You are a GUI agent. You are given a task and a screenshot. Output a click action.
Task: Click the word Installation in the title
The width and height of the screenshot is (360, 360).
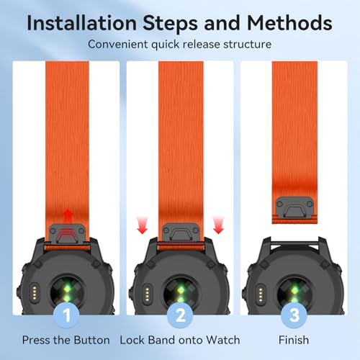pyautogui.click(x=82, y=23)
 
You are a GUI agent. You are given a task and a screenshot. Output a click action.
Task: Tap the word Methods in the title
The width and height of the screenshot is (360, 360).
pyautogui.click(x=289, y=23)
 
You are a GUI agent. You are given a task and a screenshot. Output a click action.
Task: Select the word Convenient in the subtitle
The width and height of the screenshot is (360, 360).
pyautogui.click(x=118, y=45)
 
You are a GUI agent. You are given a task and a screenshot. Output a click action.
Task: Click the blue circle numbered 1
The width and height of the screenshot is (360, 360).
pyautogui.click(x=67, y=315)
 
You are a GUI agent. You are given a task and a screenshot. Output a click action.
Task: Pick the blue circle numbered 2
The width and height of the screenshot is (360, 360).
pyautogui.click(x=180, y=315)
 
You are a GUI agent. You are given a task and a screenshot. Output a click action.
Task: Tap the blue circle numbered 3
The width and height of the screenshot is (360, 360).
pyautogui.click(x=294, y=315)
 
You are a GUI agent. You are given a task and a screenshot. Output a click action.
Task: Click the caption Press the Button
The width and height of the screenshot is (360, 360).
pyautogui.click(x=66, y=340)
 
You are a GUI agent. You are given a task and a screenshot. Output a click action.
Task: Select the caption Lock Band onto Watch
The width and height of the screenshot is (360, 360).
pyautogui.click(x=180, y=340)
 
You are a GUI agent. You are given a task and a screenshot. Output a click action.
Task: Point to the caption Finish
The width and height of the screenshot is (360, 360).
pyautogui.click(x=294, y=340)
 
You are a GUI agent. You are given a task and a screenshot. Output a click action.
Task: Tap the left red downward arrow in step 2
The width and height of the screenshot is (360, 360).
pyautogui.click(x=143, y=225)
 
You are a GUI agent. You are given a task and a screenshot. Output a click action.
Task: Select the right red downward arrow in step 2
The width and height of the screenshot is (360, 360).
pyautogui.click(x=218, y=225)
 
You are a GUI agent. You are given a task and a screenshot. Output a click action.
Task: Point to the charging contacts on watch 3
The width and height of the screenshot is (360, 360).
pyautogui.click(x=261, y=294)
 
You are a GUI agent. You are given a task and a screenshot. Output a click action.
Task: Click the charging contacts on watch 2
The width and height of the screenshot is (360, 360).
pyautogui.click(x=147, y=294)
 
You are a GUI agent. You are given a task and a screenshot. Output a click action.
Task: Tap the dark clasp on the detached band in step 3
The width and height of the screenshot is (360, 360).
pyautogui.click(x=294, y=207)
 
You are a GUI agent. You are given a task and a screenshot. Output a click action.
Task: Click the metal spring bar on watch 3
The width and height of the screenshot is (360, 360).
pyautogui.click(x=294, y=243)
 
